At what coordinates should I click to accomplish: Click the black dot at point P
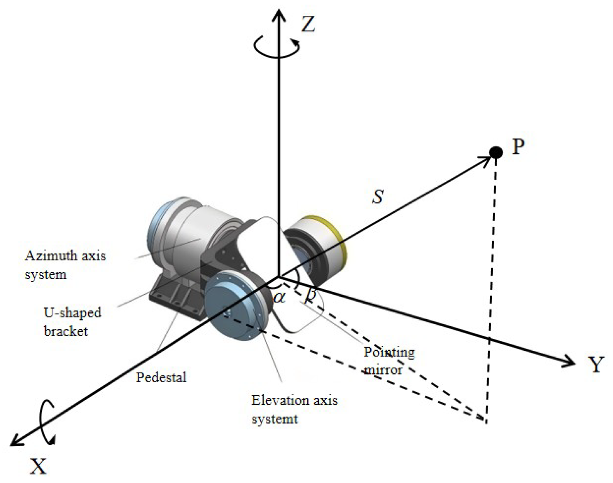click(x=496, y=153)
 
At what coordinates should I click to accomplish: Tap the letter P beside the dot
click(x=518, y=146)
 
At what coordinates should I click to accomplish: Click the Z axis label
click(x=308, y=24)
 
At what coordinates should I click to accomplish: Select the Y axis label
click(x=595, y=364)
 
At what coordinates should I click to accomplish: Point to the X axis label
click(x=38, y=466)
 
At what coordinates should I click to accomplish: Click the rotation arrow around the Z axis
click(x=277, y=47)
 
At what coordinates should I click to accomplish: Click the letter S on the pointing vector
click(x=378, y=197)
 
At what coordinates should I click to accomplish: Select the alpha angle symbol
click(x=279, y=297)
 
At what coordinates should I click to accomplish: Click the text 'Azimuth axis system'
click(x=65, y=265)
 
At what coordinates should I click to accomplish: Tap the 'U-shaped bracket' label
click(x=72, y=322)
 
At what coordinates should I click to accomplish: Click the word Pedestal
click(x=161, y=378)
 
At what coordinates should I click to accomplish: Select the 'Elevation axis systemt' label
click(x=294, y=409)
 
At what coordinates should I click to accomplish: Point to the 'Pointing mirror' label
click(x=389, y=360)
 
